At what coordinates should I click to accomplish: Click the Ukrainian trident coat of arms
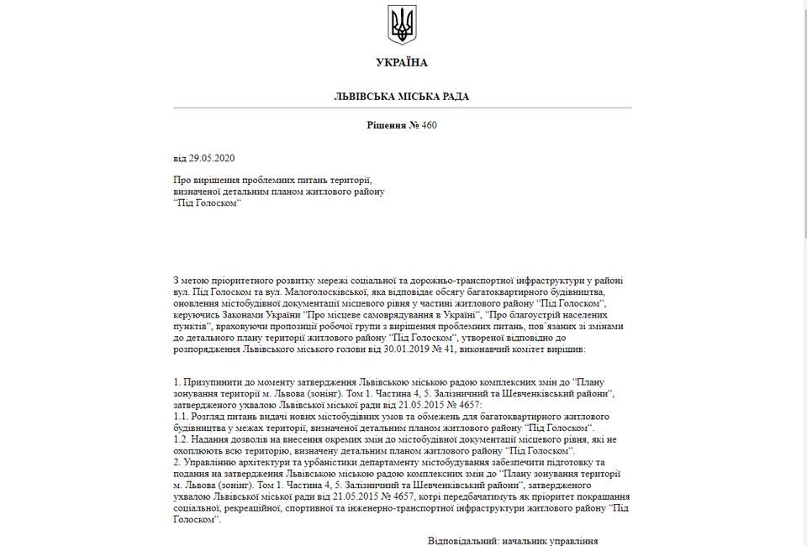pos(402,24)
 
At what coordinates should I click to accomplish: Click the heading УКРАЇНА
pos(402,63)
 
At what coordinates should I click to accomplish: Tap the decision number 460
pos(430,125)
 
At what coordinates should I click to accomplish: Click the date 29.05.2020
pos(212,158)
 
